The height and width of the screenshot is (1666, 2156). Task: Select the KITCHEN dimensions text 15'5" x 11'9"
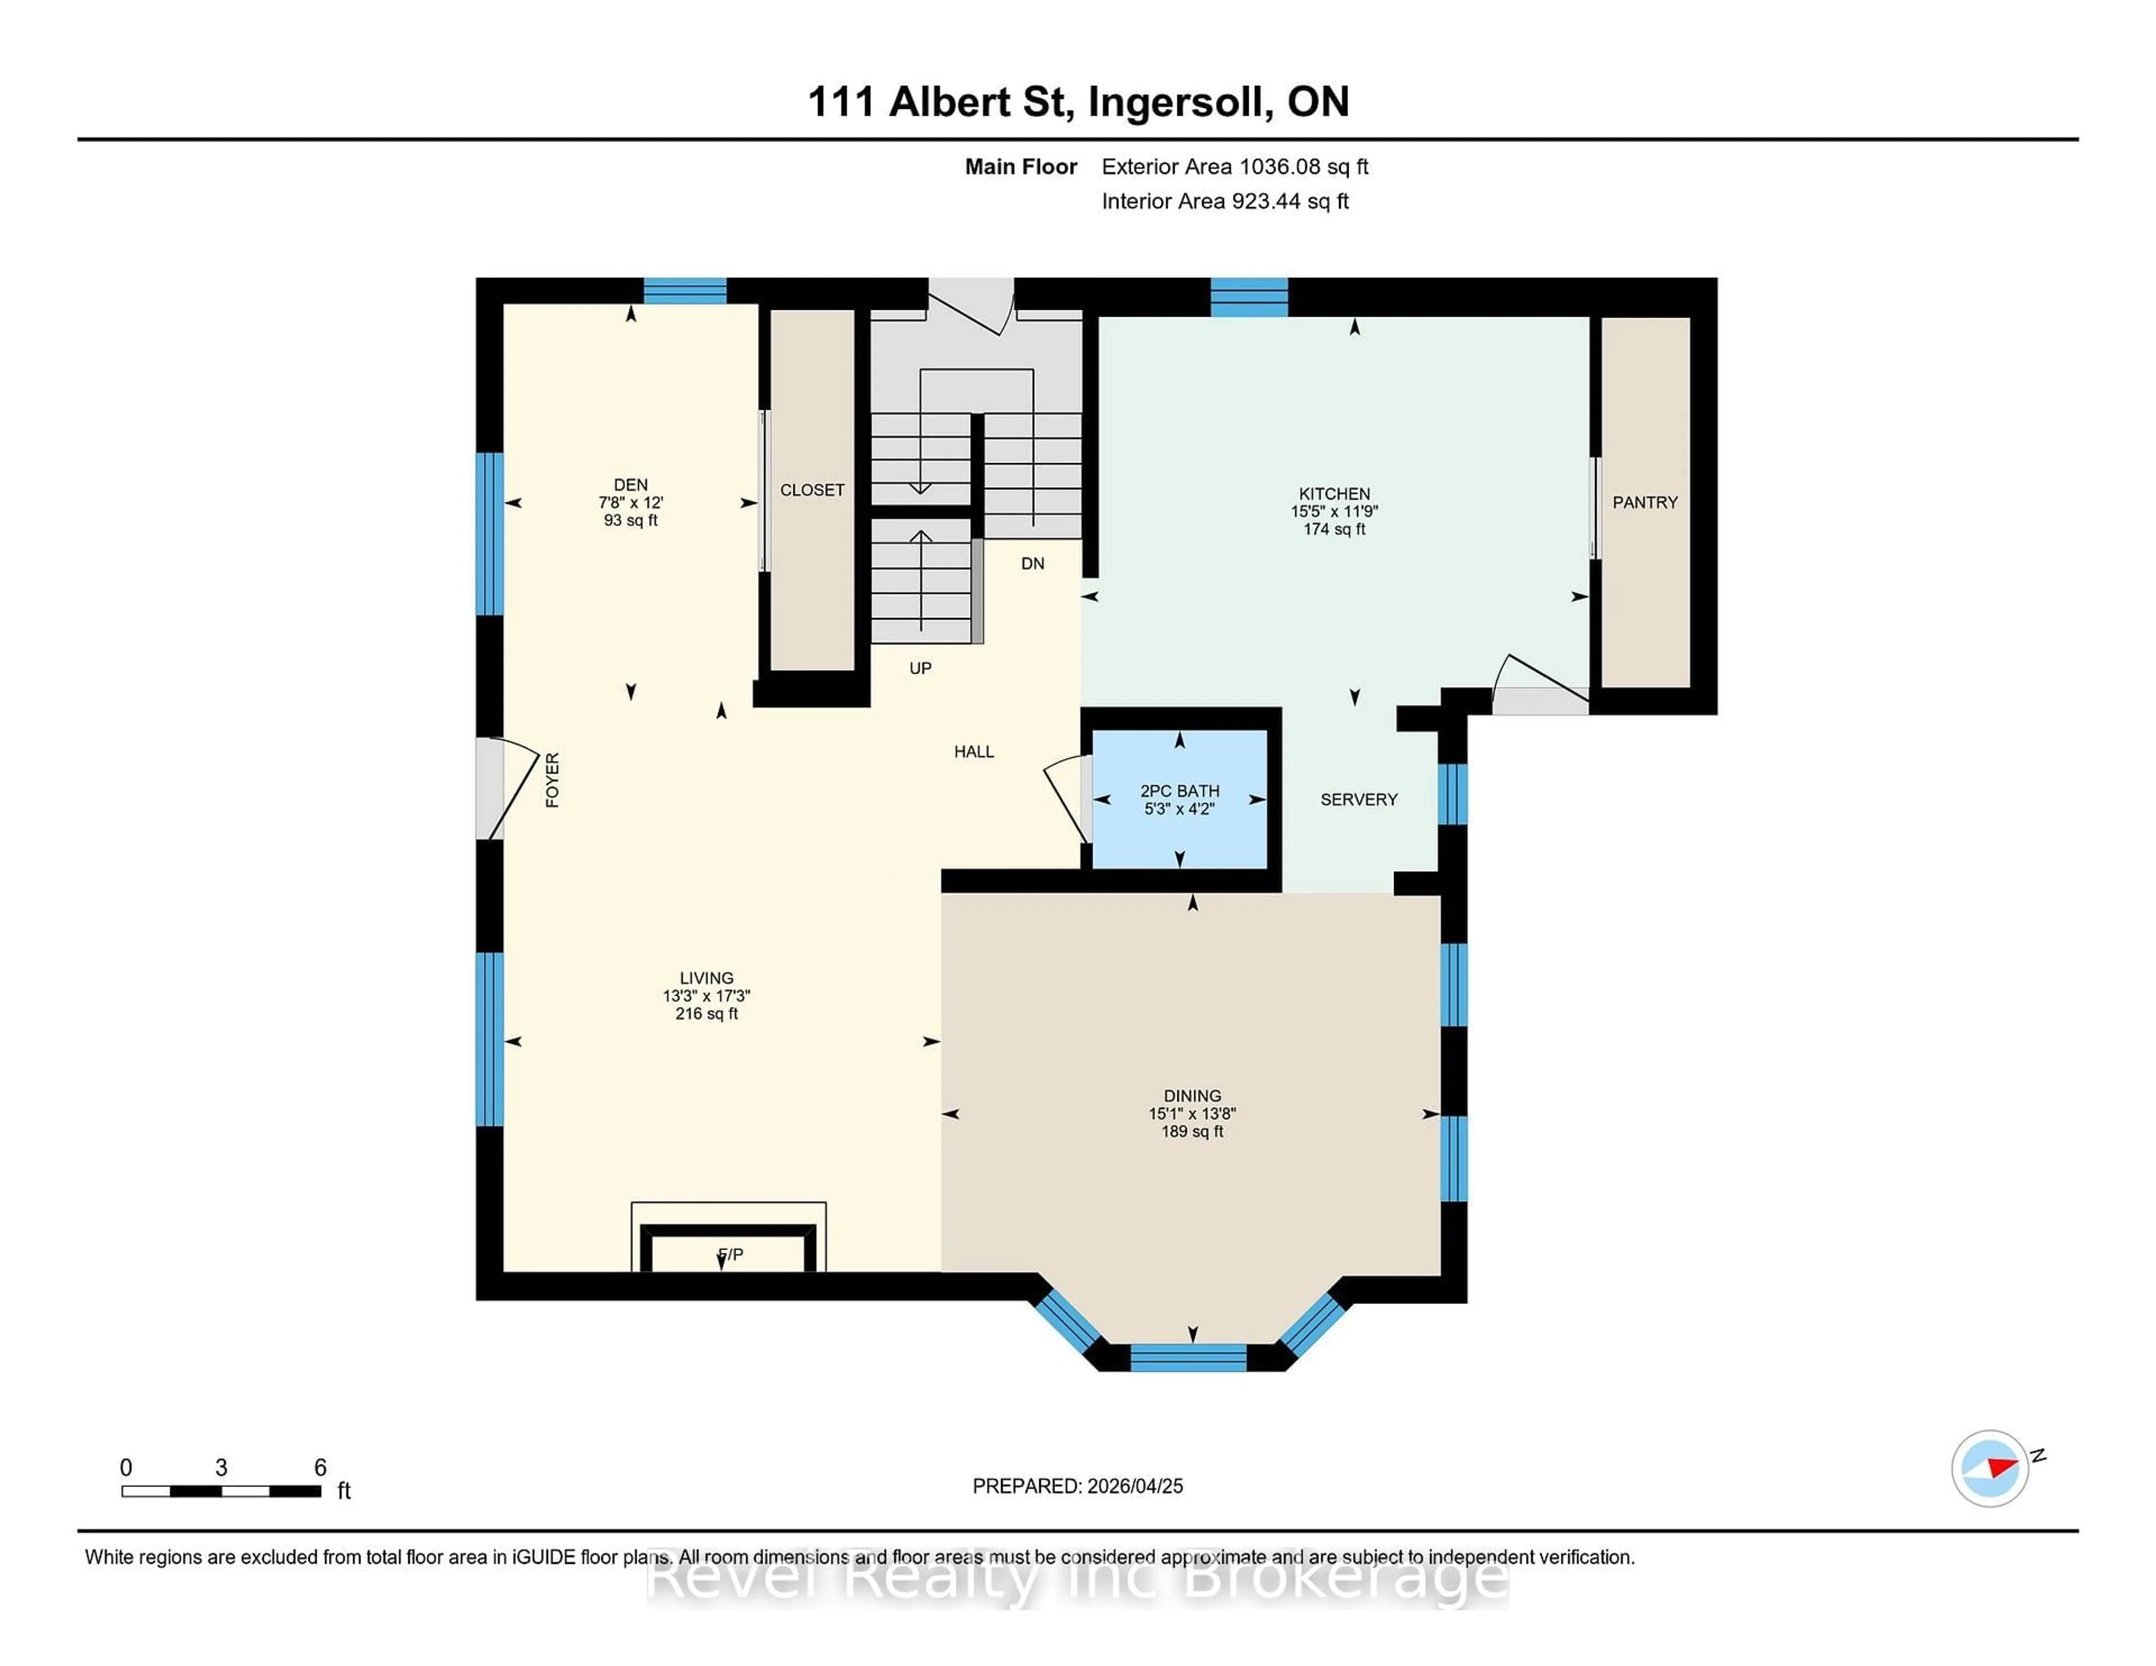coord(1333,511)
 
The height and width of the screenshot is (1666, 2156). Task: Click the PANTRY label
coord(1645,502)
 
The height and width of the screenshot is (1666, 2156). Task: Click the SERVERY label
coord(1358,799)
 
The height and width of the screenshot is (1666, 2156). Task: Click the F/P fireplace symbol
coord(729,1253)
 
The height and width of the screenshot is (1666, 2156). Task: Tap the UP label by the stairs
coord(920,668)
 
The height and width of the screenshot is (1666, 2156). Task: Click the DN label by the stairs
coord(1033,564)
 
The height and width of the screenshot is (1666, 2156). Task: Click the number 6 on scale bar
coord(320,1468)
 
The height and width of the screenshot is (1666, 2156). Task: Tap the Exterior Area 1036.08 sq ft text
coord(1234,167)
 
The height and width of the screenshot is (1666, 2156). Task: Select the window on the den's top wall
coord(685,291)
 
